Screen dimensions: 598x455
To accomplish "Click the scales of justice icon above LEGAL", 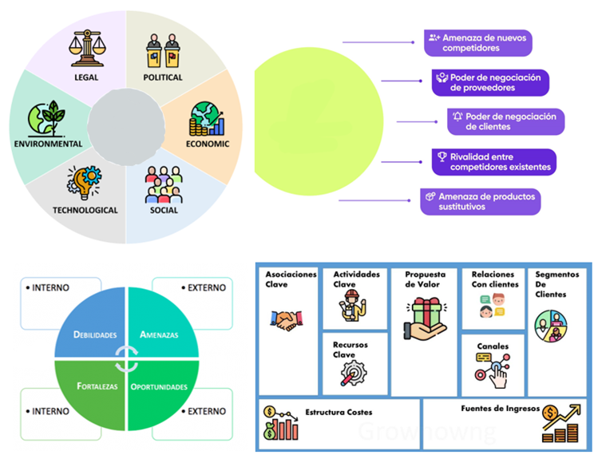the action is [87, 48].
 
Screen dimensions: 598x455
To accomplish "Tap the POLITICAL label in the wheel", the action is [163, 77].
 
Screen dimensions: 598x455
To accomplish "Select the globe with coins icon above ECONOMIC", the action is [207, 119].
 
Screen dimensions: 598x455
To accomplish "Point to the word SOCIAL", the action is [164, 210].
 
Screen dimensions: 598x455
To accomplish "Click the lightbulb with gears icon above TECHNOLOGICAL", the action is [85, 183].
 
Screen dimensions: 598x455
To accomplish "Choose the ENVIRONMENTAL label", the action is [48, 144].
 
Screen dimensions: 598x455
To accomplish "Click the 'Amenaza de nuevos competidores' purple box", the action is [478, 43].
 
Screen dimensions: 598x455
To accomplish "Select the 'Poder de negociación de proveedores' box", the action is [490, 83].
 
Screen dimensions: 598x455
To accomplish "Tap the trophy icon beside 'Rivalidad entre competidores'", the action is [442, 156].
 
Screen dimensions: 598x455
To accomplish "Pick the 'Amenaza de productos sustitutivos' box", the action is [481, 202].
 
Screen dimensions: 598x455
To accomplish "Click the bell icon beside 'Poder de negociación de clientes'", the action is [457, 117].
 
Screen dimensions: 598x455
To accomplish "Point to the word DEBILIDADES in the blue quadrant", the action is [95, 334].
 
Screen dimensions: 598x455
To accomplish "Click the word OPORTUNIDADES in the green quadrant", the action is [159, 386].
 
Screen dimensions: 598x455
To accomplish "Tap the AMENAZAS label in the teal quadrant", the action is [159, 334].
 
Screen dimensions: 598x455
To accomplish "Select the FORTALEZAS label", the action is [97, 386].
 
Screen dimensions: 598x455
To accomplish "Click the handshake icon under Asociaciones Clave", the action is [287, 320].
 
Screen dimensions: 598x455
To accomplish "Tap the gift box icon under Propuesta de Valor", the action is [426, 319].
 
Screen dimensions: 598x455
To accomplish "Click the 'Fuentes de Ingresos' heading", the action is [501, 409].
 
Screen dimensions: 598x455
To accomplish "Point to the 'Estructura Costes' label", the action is [339, 412].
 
